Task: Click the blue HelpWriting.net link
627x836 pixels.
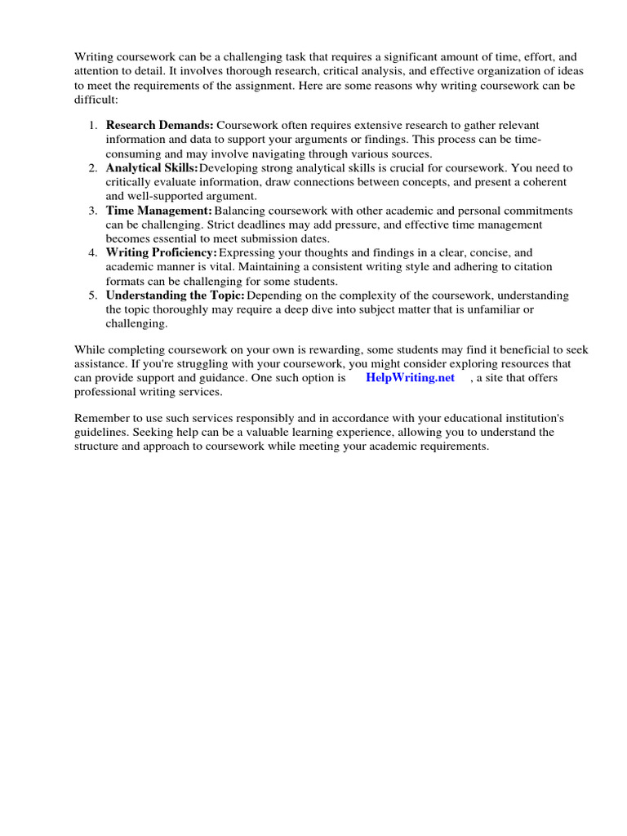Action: tap(411, 378)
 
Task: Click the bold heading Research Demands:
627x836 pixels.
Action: tap(159, 125)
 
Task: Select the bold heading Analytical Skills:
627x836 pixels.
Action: tap(152, 167)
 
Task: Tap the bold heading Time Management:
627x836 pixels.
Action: tap(158, 211)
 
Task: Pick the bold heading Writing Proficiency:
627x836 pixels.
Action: tap(161, 253)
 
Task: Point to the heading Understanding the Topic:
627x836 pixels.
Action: tap(175, 296)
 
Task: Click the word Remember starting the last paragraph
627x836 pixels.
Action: tap(101, 418)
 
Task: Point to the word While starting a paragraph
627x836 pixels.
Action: tap(89, 349)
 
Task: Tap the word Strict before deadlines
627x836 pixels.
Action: tap(215, 225)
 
